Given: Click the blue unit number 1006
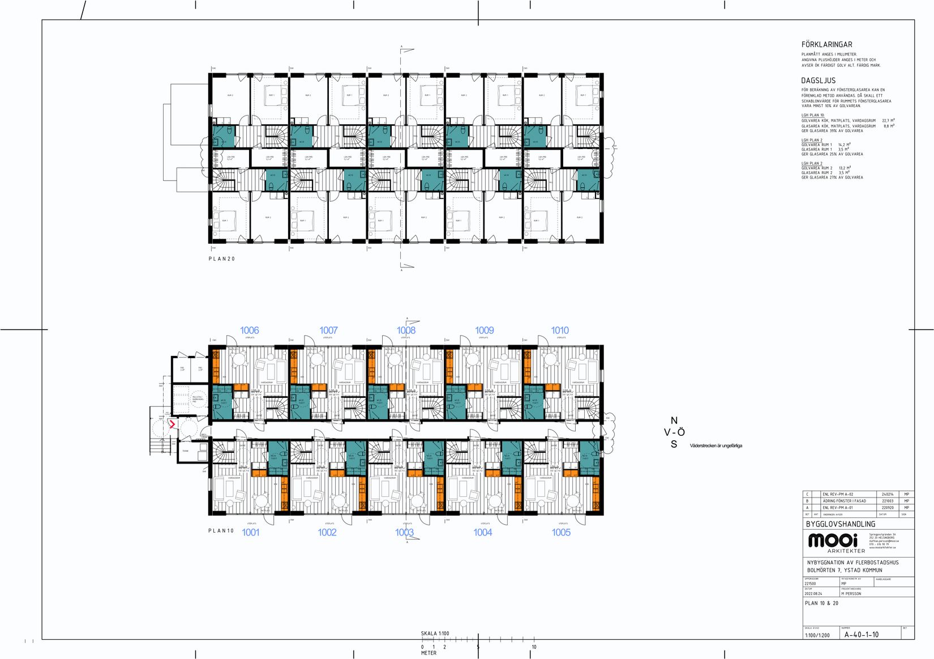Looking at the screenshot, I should point(249,330).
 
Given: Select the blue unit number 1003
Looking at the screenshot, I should point(404,532).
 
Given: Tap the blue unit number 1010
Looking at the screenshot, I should point(560,330).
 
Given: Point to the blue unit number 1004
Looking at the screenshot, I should point(482,532).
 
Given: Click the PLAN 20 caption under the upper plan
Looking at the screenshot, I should point(221,259).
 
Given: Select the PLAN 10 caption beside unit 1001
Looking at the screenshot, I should point(221,531).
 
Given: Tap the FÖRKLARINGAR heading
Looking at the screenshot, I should point(826,44).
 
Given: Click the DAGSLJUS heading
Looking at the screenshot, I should point(818,80).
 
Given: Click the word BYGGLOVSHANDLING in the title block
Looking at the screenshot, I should point(840,524).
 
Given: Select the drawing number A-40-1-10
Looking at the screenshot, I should point(861,635).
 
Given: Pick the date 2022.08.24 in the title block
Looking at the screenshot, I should point(813,594).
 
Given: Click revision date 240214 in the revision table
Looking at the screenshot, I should point(888,494).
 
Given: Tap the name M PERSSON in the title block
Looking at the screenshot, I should point(851,594).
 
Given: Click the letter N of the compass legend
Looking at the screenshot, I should point(674,420).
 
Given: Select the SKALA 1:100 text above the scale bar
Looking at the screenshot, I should point(435,634).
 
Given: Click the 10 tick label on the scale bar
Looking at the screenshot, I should point(534,647).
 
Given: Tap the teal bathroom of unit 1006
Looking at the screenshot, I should point(222,402).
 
